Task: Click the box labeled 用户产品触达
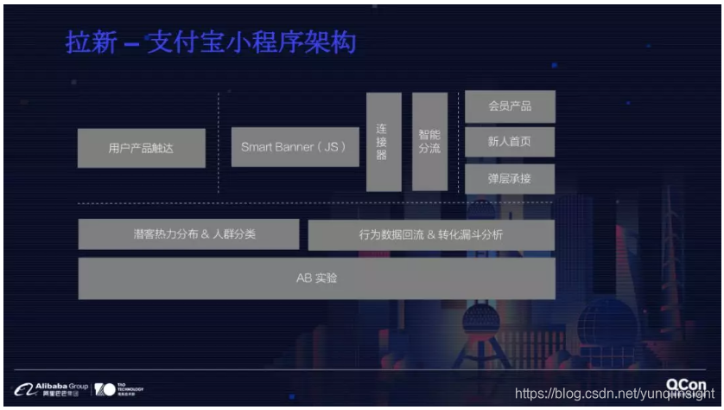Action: coord(142,148)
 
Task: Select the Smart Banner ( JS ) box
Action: coord(294,147)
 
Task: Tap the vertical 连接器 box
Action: coord(384,141)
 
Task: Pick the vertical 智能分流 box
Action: coord(429,141)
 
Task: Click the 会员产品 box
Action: coord(510,106)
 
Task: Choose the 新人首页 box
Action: coord(510,142)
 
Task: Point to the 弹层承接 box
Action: coord(510,178)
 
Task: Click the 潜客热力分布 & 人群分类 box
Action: coord(188,234)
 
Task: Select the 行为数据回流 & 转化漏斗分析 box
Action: coord(430,234)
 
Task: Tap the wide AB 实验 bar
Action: coord(316,279)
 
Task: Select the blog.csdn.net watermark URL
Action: coord(610,394)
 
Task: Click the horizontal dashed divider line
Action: coord(316,204)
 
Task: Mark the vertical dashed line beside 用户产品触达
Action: coord(219,143)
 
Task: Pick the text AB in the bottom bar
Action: coord(302,279)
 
